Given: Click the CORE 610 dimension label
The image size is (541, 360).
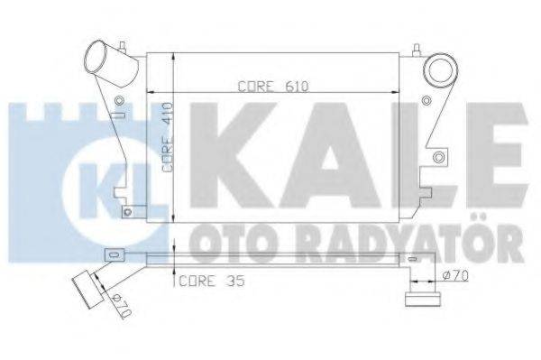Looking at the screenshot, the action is [273, 87].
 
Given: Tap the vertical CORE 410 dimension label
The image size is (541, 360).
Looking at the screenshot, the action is [168, 137].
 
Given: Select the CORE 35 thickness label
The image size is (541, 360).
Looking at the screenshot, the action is [212, 281].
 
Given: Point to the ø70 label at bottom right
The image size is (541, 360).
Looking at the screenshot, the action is [455, 275].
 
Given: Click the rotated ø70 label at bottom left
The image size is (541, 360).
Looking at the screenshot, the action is [122, 306].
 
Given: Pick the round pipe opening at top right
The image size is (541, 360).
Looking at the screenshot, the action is [440, 70].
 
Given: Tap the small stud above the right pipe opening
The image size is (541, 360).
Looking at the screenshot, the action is [417, 51].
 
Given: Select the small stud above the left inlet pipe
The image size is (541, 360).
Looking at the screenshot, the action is [122, 47].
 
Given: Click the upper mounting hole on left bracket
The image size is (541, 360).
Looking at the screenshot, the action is [119, 100].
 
